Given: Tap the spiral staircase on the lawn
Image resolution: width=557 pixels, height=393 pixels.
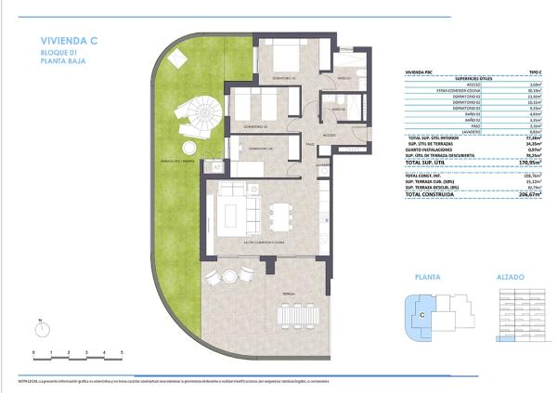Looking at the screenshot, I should click(201, 115).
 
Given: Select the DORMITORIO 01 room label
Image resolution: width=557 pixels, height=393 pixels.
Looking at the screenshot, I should click(283, 78).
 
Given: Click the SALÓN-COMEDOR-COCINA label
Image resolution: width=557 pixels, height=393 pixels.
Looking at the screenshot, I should click(265, 242).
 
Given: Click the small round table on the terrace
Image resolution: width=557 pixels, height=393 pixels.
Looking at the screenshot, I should click(227, 275).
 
